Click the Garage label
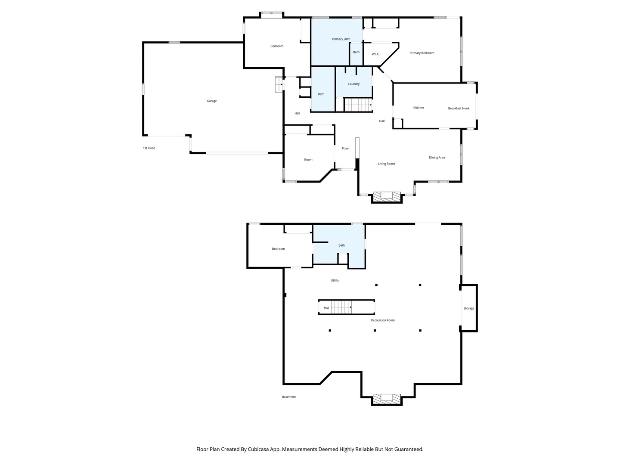(211, 101)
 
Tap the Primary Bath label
(341, 39)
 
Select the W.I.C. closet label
(375, 54)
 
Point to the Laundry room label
(353, 84)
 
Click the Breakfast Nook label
(459, 108)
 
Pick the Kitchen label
(418, 108)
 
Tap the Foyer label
(346, 148)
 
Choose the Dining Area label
(437, 158)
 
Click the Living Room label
(386, 164)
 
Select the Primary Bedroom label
(422, 53)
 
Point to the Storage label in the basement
(468, 308)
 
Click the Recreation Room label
(383, 320)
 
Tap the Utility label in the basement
(335, 280)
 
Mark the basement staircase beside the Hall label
(341, 307)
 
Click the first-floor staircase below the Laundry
(358, 105)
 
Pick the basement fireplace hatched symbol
(387, 399)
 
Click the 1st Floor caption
(149, 148)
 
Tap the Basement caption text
(288, 397)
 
